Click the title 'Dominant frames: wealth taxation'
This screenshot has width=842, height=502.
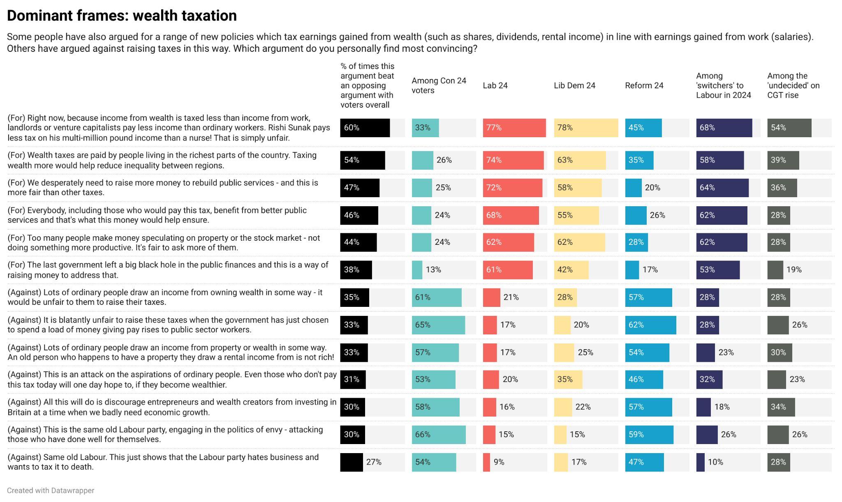[x=122, y=16]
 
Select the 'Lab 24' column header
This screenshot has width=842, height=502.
[x=495, y=85]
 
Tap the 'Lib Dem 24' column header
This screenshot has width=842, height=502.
[x=574, y=85]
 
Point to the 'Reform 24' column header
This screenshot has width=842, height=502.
[x=644, y=85]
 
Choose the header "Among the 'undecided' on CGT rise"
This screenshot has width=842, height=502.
[x=793, y=85]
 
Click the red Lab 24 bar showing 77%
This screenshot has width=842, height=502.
[x=514, y=128]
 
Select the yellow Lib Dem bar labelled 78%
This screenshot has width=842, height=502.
[x=586, y=128]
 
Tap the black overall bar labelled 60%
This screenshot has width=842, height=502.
[x=365, y=128]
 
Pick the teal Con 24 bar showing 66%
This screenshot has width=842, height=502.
[x=439, y=435]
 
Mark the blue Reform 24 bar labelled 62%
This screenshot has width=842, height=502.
[x=650, y=325]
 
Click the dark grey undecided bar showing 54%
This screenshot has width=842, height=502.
[x=789, y=128]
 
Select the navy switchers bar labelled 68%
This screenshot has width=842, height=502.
[x=724, y=128]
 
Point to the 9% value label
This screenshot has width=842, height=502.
[x=499, y=462]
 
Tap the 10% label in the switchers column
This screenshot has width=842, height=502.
[x=715, y=462]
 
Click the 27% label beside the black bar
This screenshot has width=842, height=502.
[x=374, y=462]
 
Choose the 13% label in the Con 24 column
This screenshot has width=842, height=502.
[x=433, y=270]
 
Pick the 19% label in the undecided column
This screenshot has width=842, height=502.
[x=794, y=270]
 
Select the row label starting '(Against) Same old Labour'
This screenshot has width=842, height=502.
[x=163, y=462]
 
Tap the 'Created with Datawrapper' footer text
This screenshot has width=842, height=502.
[x=51, y=490]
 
